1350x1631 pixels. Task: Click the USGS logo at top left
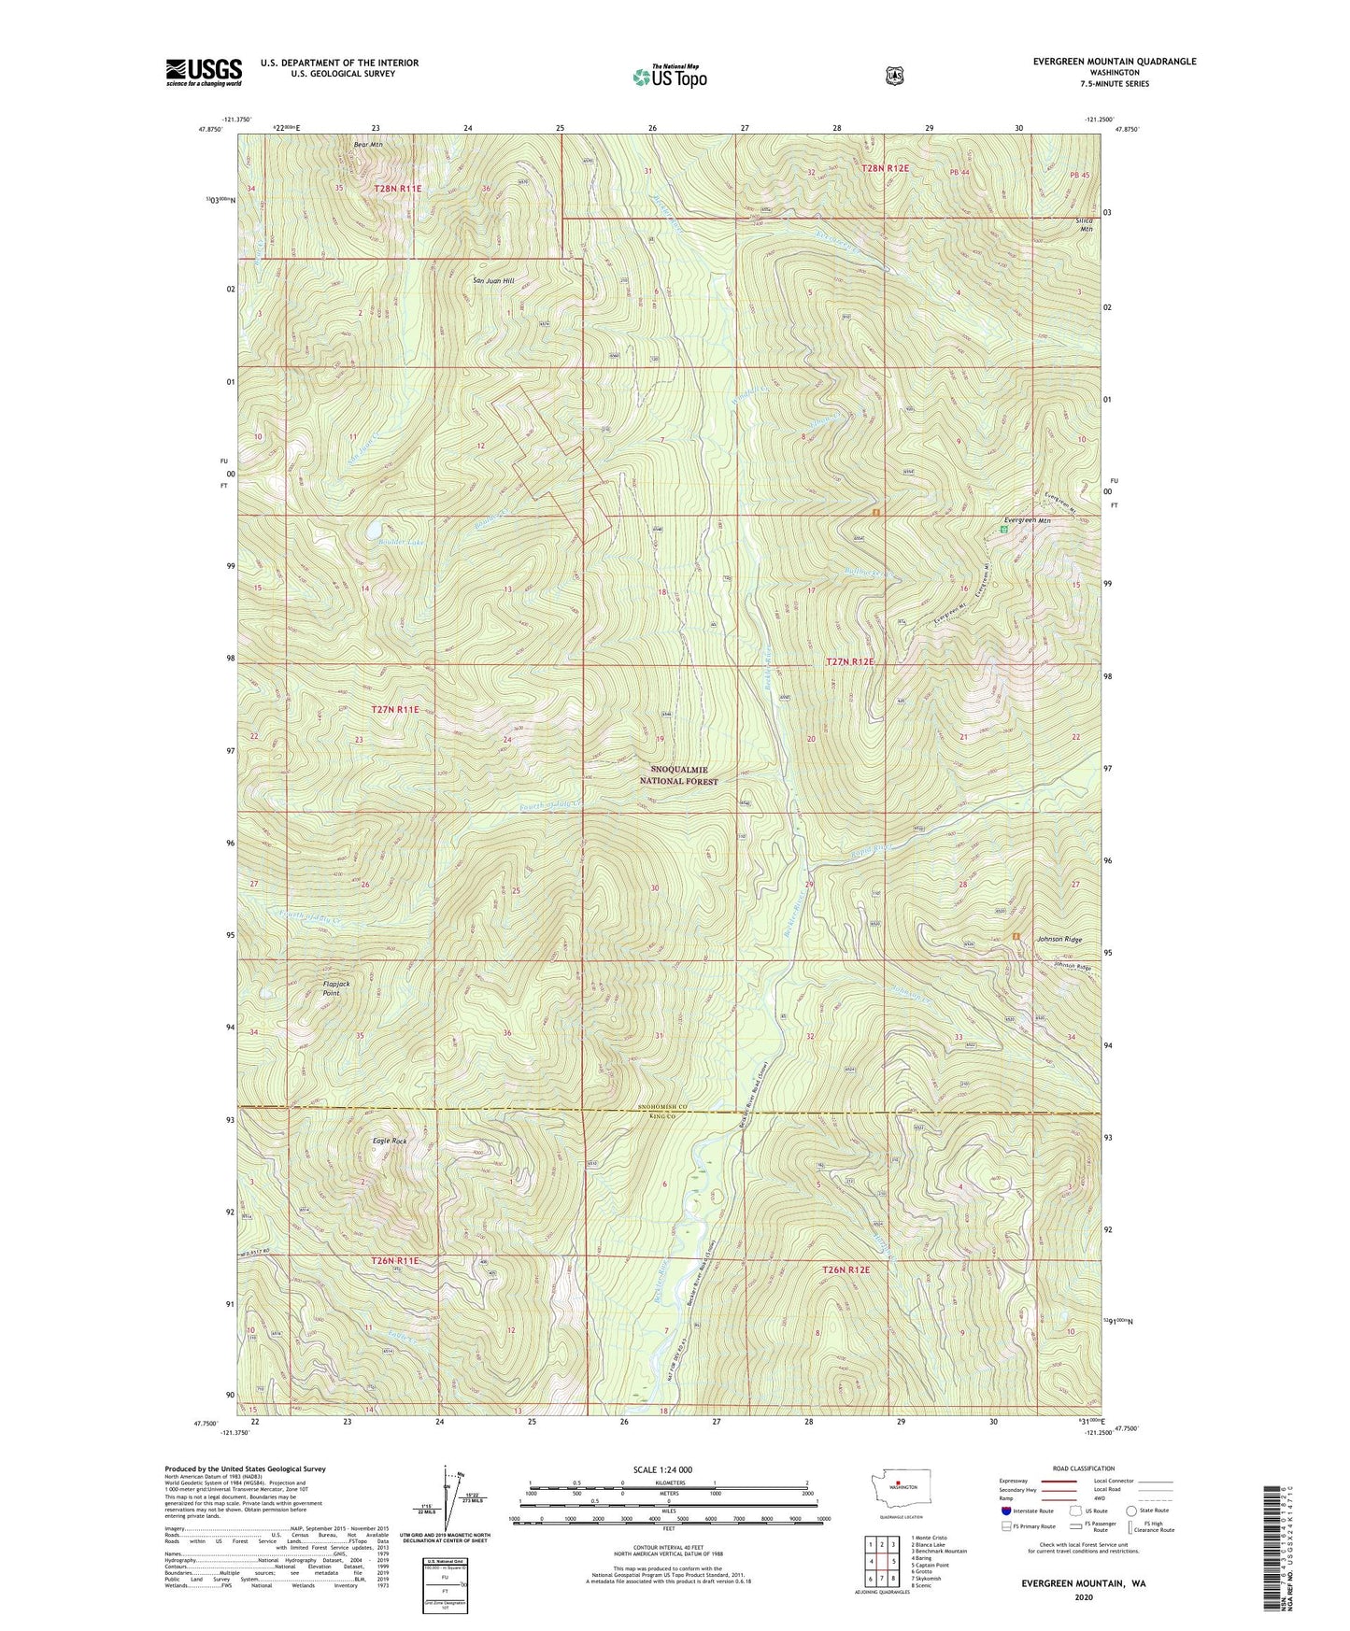pos(204,71)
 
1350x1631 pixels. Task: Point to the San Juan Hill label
pos(493,280)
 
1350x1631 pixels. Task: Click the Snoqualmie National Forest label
pos(678,774)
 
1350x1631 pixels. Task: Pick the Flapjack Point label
pos(335,988)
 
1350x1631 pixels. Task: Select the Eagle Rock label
pos(390,1142)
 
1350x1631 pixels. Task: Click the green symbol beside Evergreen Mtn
pos(1003,530)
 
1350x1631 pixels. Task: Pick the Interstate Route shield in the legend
pos(1005,1510)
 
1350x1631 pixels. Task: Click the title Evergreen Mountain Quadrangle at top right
pos(1114,62)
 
